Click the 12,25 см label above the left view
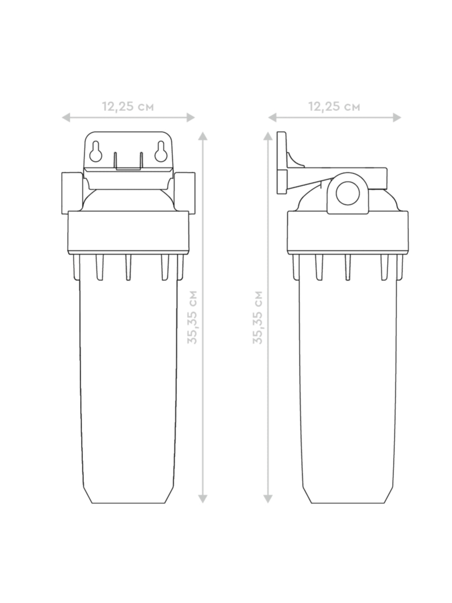pos(128,107)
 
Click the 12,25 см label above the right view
pos(334,107)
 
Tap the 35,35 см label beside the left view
pos(192,317)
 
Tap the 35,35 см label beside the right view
pos(258,317)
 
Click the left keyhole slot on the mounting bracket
pos(96,151)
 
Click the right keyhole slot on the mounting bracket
pos(161,151)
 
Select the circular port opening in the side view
pos(348,193)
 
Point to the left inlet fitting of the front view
pos(72,193)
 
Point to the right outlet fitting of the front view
pos(185,193)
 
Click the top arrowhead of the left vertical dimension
pos(202,136)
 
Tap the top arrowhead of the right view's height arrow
pos(268,136)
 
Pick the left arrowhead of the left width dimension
pos(66,118)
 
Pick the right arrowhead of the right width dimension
pos(397,118)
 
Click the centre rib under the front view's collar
pos(128,267)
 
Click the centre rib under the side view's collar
pos(348,267)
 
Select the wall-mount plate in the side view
pos(282,163)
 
